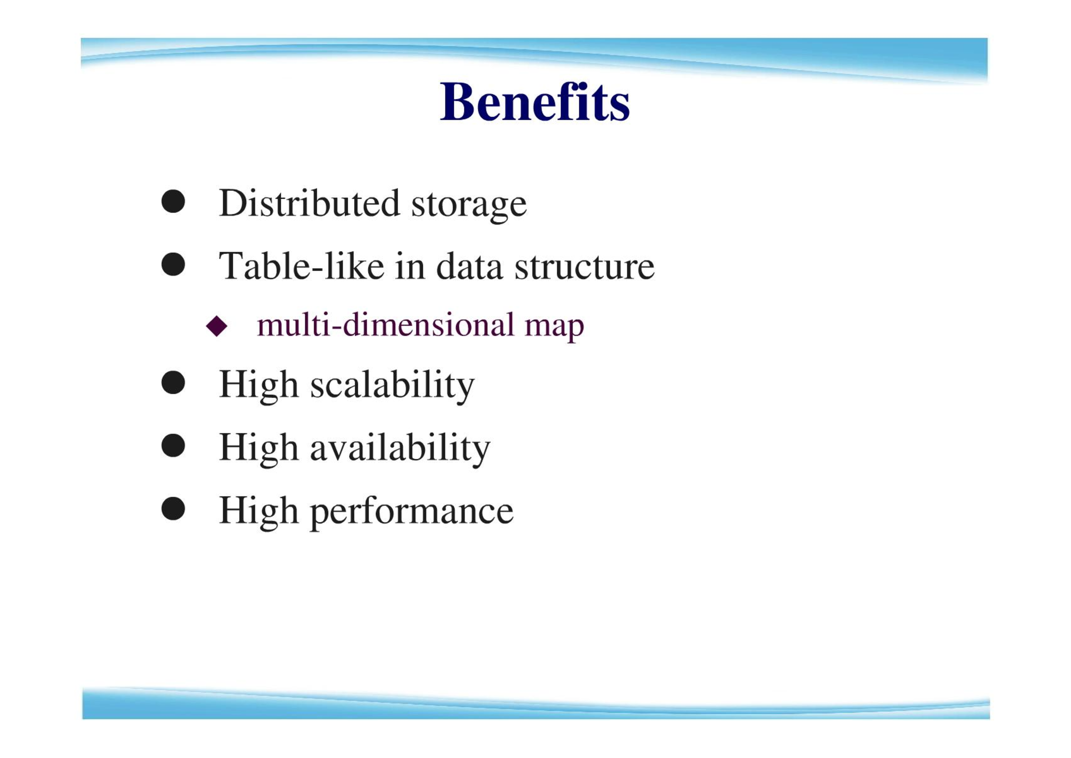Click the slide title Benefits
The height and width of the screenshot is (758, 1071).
[535, 102]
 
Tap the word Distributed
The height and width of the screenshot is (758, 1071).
[309, 203]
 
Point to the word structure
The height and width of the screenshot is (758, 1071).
[584, 267]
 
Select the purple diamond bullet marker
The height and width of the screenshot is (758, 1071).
[217, 326]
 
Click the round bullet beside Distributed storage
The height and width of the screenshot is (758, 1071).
[173, 202]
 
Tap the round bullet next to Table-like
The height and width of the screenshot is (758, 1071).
[173, 264]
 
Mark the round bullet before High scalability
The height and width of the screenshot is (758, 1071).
[173, 383]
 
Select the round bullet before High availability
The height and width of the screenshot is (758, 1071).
[173, 446]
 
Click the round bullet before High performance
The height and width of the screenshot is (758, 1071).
[173, 509]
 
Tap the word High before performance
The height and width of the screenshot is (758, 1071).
[259, 511]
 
